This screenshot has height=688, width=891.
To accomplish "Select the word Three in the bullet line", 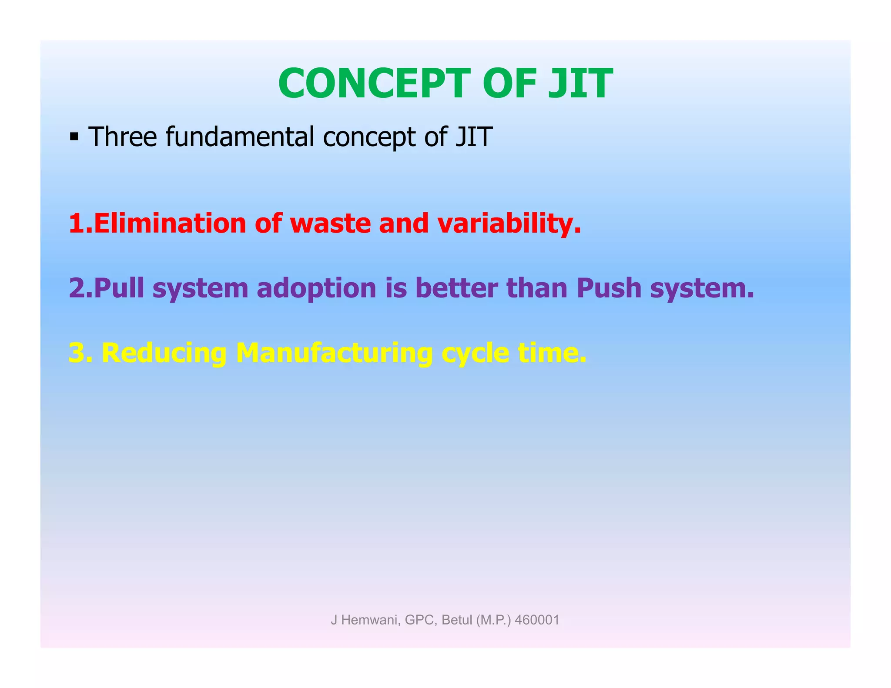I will coord(122,137).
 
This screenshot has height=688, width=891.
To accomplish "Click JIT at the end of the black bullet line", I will coord(474,137).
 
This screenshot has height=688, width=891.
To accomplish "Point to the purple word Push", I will coord(609,288).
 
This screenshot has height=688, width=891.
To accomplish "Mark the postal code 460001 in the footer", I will coord(537,620).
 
